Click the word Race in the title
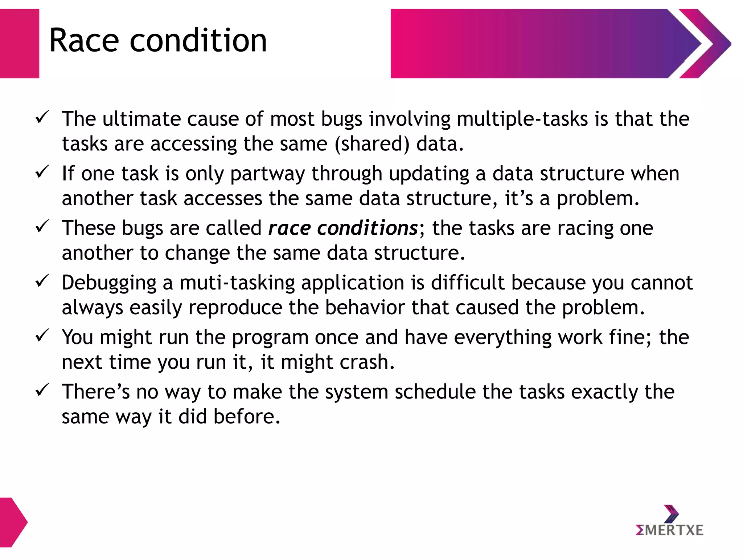pos(84,40)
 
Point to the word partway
pos(267,174)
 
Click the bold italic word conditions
pos(368,228)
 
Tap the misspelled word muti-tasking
pos(237,283)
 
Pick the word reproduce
pos(235,308)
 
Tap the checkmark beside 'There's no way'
pos(42,390)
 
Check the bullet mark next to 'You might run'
pos(42,335)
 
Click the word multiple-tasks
pos(522,119)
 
